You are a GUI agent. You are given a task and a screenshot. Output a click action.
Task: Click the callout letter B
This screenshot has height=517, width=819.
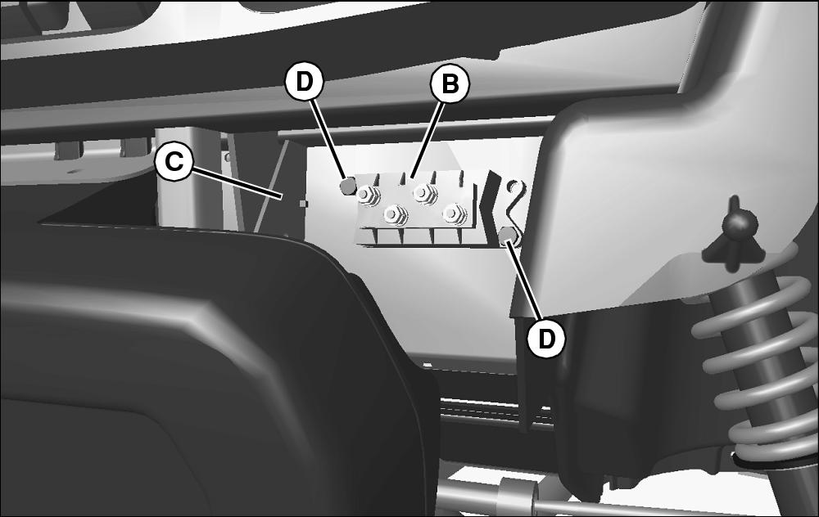pyautogui.click(x=450, y=83)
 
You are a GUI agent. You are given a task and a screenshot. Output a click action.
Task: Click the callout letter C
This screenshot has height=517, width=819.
pyautogui.click(x=174, y=162)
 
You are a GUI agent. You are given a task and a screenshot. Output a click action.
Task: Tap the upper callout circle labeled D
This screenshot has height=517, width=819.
pyautogui.click(x=304, y=81)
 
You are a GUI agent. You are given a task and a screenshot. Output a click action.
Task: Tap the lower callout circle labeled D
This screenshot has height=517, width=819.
pyautogui.click(x=545, y=339)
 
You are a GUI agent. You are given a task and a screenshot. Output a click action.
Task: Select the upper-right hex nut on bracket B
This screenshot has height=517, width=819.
pyautogui.click(x=423, y=194)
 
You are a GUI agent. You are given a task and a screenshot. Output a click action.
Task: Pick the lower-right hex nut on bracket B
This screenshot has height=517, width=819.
pyautogui.click(x=454, y=213)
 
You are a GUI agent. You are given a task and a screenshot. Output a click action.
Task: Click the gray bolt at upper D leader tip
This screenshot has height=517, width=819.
pyautogui.click(x=348, y=185)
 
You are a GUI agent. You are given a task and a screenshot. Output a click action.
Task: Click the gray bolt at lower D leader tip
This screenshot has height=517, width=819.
pyautogui.click(x=508, y=237)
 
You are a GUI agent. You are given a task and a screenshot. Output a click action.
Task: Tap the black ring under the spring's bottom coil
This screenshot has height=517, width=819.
pyautogui.click(x=773, y=460)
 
